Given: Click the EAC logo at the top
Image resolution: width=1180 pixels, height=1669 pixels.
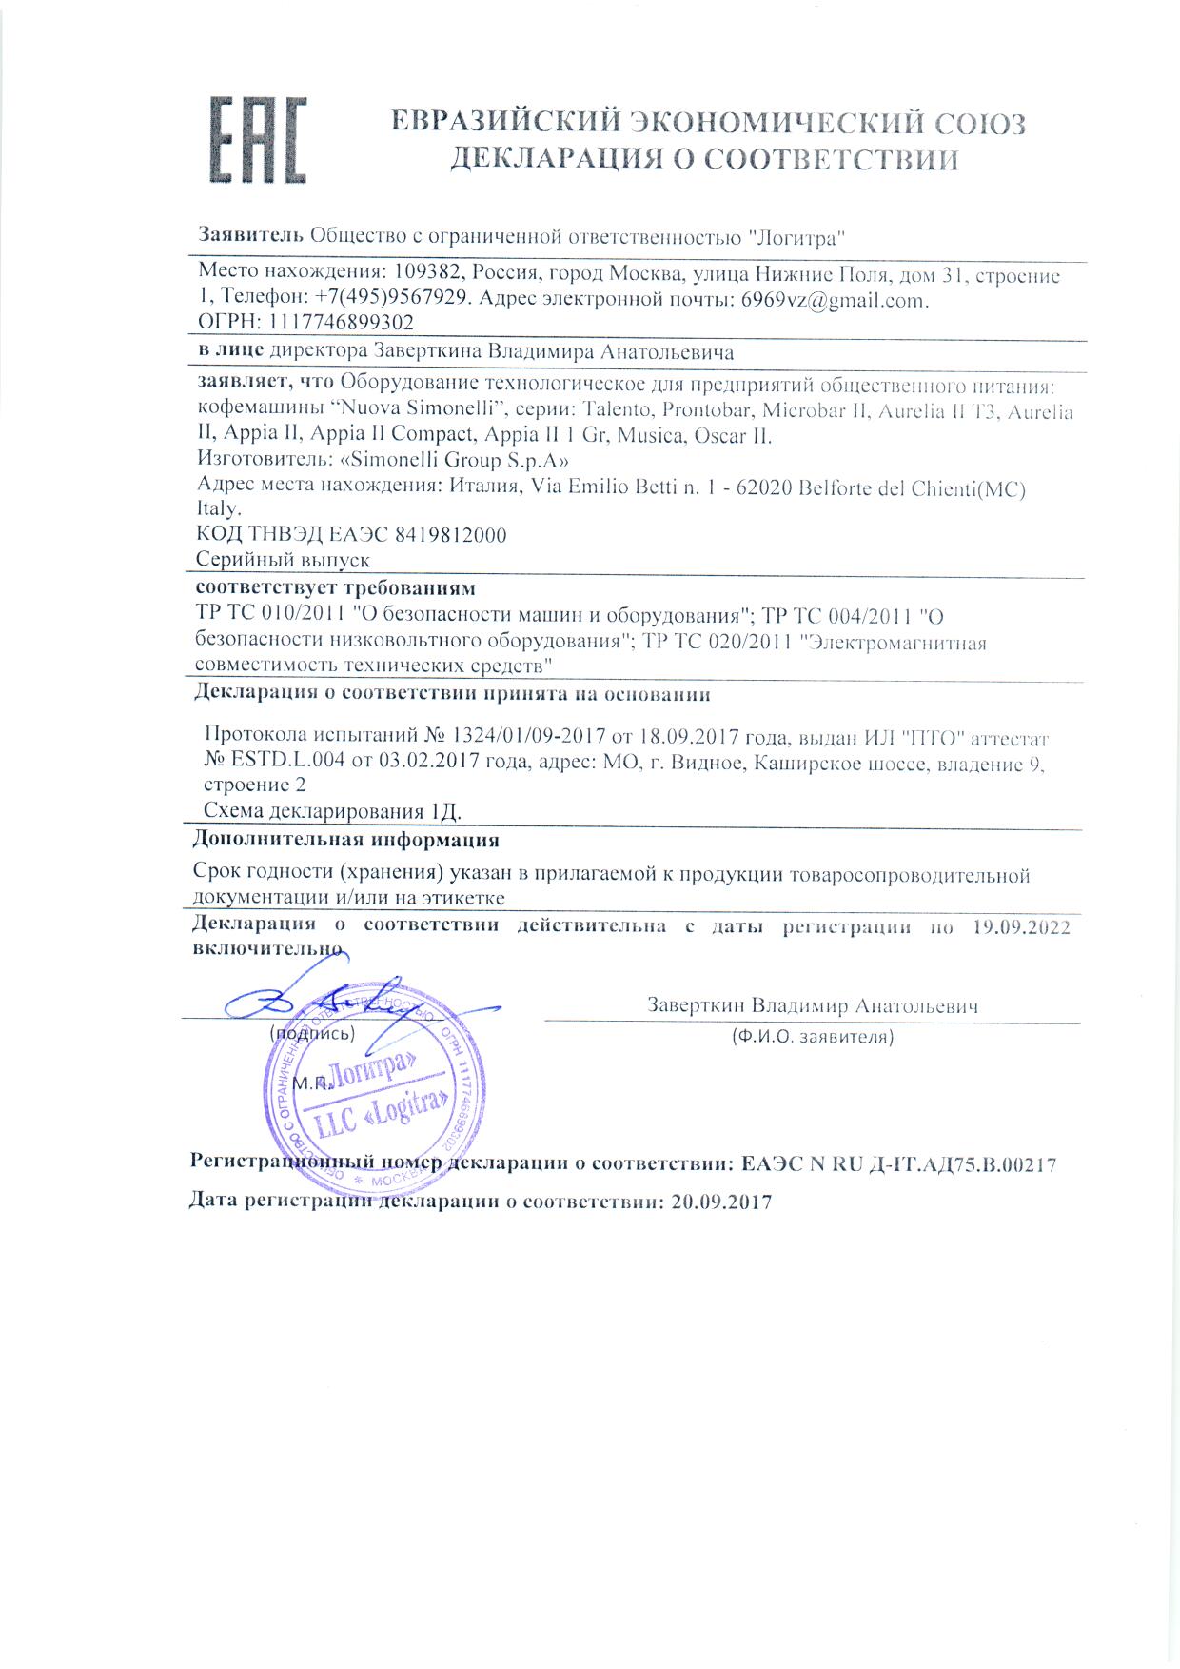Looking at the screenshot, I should pyautogui.click(x=257, y=139).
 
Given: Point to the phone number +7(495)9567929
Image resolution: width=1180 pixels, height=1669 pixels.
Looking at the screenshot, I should pyautogui.click(x=392, y=298).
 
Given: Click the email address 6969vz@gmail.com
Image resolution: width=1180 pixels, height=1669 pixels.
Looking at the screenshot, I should pyautogui.click(x=834, y=299).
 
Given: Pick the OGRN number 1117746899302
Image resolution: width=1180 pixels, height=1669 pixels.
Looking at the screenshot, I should pyautogui.click(x=343, y=322).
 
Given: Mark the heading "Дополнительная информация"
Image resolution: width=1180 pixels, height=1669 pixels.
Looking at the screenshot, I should pyautogui.click(x=345, y=841).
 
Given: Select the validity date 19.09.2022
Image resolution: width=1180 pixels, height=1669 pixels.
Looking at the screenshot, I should pyautogui.click(x=1022, y=926).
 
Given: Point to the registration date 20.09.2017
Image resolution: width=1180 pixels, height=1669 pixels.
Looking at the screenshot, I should pyautogui.click(x=720, y=1202).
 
